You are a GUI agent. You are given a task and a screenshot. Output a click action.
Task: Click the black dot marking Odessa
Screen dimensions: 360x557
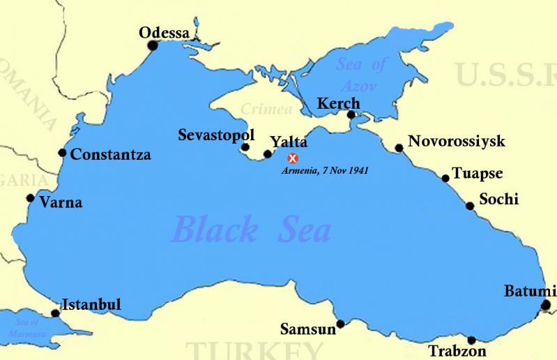click(x=153, y=46)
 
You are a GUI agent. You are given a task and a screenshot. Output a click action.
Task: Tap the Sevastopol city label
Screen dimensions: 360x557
click(x=216, y=134)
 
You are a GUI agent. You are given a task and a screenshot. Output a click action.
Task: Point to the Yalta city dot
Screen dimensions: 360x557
click(x=268, y=154)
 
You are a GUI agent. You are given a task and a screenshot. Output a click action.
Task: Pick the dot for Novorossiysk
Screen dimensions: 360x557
click(x=399, y=148)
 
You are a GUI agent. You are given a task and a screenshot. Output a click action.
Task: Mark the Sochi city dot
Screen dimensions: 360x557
click(x=471, y=206)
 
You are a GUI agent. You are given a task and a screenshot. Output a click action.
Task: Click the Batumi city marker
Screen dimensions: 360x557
click(x=545, y=305)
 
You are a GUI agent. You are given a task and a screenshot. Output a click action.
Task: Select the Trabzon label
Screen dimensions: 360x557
click(x=457, y=352)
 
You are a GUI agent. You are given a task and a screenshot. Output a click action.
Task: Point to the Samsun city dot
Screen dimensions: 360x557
click(x=340, y=324)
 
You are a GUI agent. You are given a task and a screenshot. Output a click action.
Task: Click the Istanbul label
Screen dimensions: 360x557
click(x=92, y=304)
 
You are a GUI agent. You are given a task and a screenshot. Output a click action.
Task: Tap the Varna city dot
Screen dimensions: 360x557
click(x=30, y=198)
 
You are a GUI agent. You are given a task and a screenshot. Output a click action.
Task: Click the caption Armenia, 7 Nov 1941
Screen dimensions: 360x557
click(x=325, y=170)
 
